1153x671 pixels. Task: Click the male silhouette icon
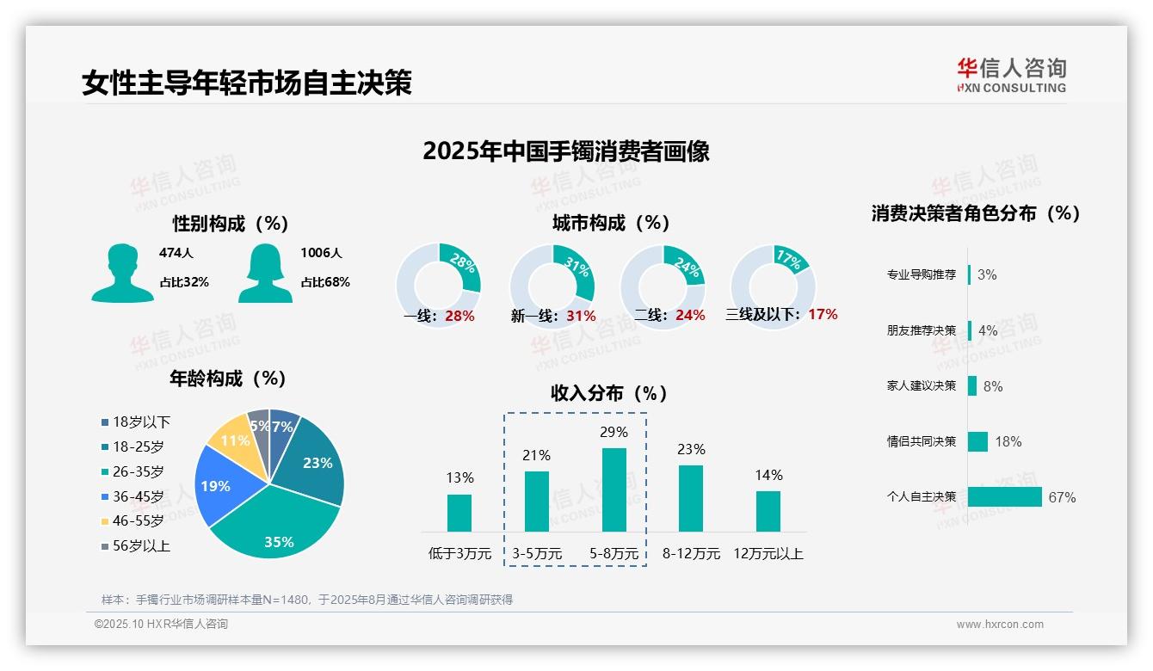point(122,273)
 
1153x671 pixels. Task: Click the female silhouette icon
point(265,273)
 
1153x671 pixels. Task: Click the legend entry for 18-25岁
point(138,446)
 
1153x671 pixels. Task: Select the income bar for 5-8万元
point(613,489)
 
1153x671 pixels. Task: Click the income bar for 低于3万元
point(459,513)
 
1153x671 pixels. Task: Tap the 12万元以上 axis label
point(768,554)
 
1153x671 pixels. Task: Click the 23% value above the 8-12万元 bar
point(691,449)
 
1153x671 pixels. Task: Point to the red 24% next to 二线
point(690,316)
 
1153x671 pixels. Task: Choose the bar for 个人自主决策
point(1004,497)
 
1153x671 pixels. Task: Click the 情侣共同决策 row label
point(921,441)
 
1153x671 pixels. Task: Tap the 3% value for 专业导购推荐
point(987,274)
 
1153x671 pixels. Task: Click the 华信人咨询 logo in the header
point(1011,76)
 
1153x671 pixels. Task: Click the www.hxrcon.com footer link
point(999,625)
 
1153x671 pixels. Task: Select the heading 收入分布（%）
point(609,394)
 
